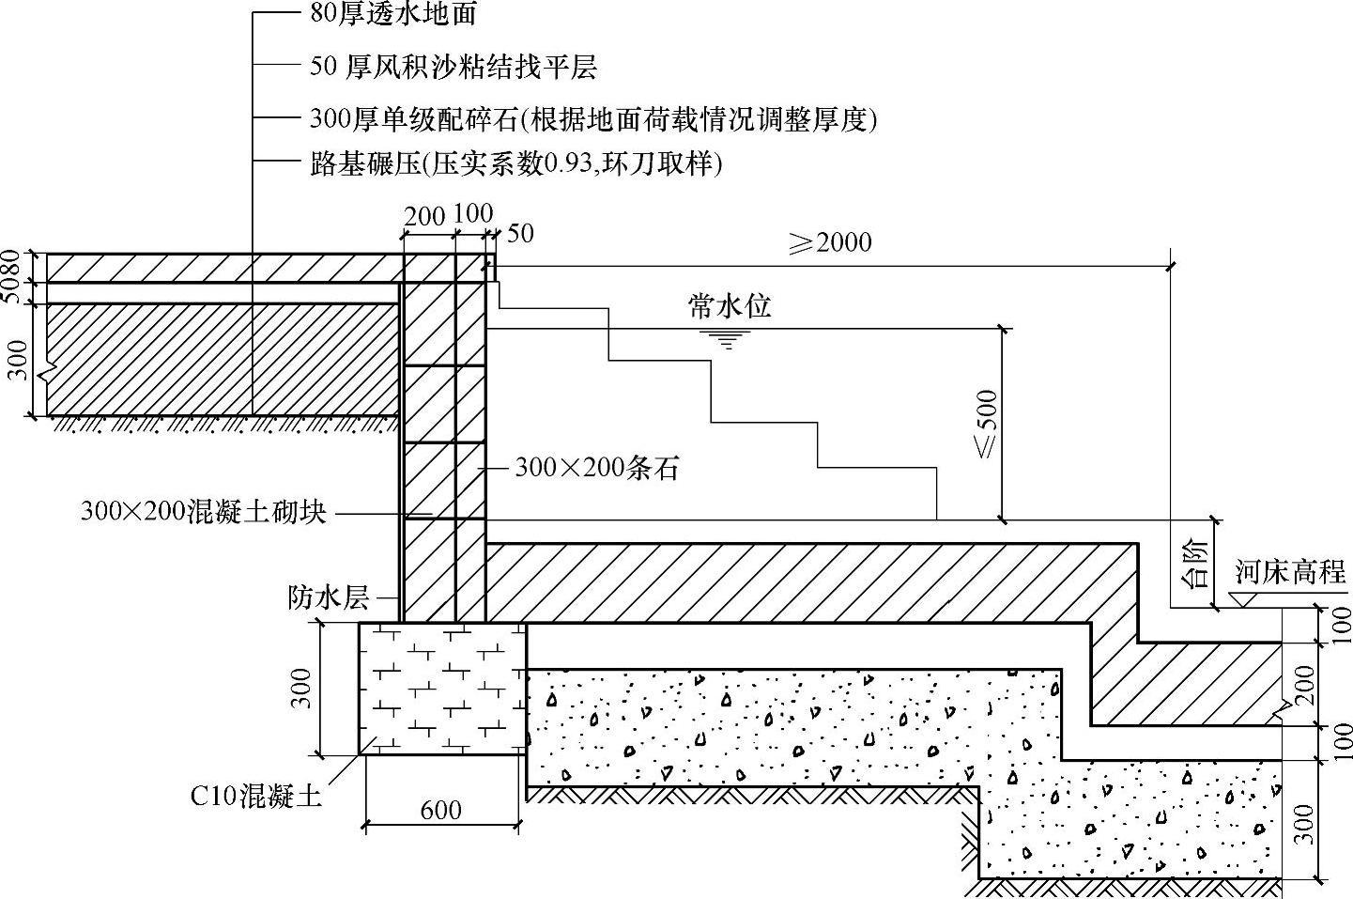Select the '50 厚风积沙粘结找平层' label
453,67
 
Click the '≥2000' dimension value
830,242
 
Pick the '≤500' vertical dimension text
988,424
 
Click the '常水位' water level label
730,306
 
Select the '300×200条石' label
596,468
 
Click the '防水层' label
329,597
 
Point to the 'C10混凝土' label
256,797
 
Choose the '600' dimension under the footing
440,810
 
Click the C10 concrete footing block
441,688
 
